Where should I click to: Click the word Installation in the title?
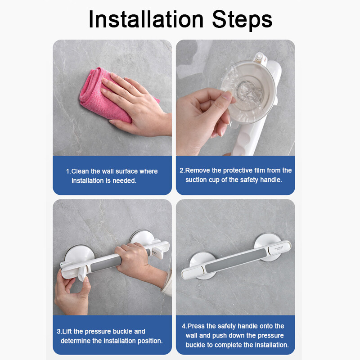146,19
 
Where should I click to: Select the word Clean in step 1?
80,171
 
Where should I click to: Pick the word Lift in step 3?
67,331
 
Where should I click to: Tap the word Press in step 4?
196,326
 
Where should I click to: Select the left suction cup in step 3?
79,255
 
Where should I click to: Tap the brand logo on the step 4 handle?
279,248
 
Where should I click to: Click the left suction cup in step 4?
202,265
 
